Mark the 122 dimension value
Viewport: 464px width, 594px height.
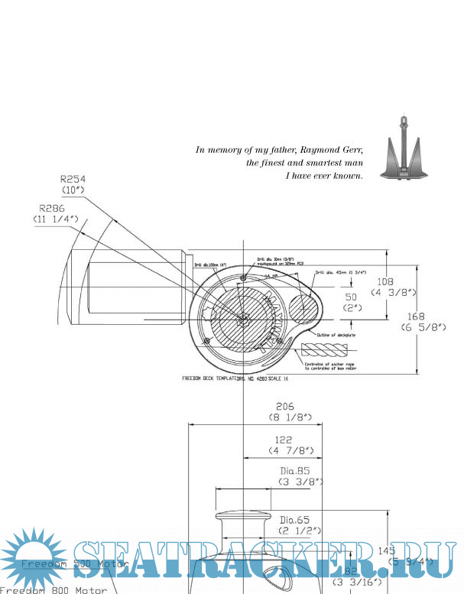(x=284, y=440)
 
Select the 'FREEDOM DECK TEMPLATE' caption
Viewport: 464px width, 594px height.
(x=209, y=378)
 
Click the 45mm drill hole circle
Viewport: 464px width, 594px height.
(x=304, y=309)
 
